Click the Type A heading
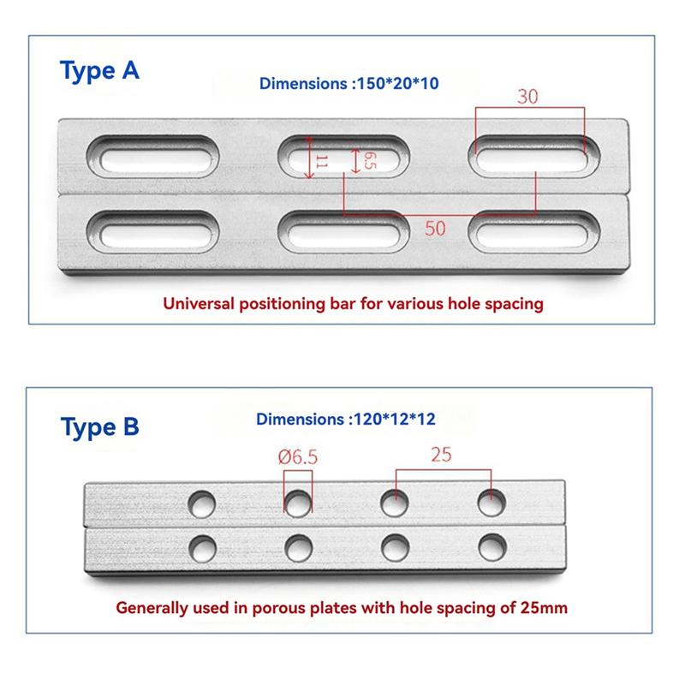pos(99,70)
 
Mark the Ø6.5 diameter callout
pos(297,457)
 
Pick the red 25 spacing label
pos(442,457)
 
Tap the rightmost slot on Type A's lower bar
pos(533,231)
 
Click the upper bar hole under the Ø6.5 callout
pos(298,503)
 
